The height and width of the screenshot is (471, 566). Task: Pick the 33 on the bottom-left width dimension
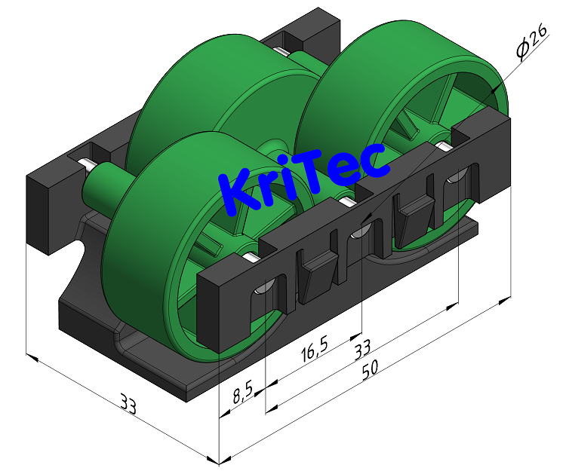tap(128, 405)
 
